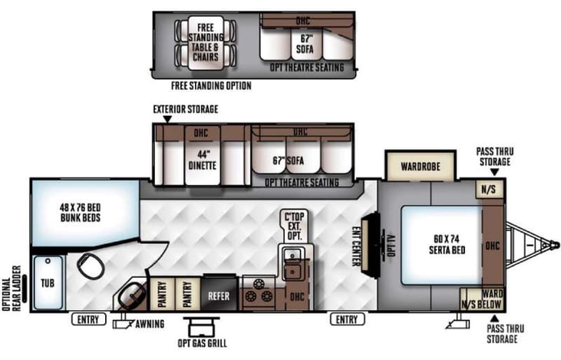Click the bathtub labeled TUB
pyautogui.click(x=47, y=282)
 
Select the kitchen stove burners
pyautogui.click(x=257, y=294)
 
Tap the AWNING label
pyautogui.click(x=149, y=324)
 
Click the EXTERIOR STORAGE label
pyautogui.click(x=185, y=109)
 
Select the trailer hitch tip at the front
pyautogui.click(x=554, y=246)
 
